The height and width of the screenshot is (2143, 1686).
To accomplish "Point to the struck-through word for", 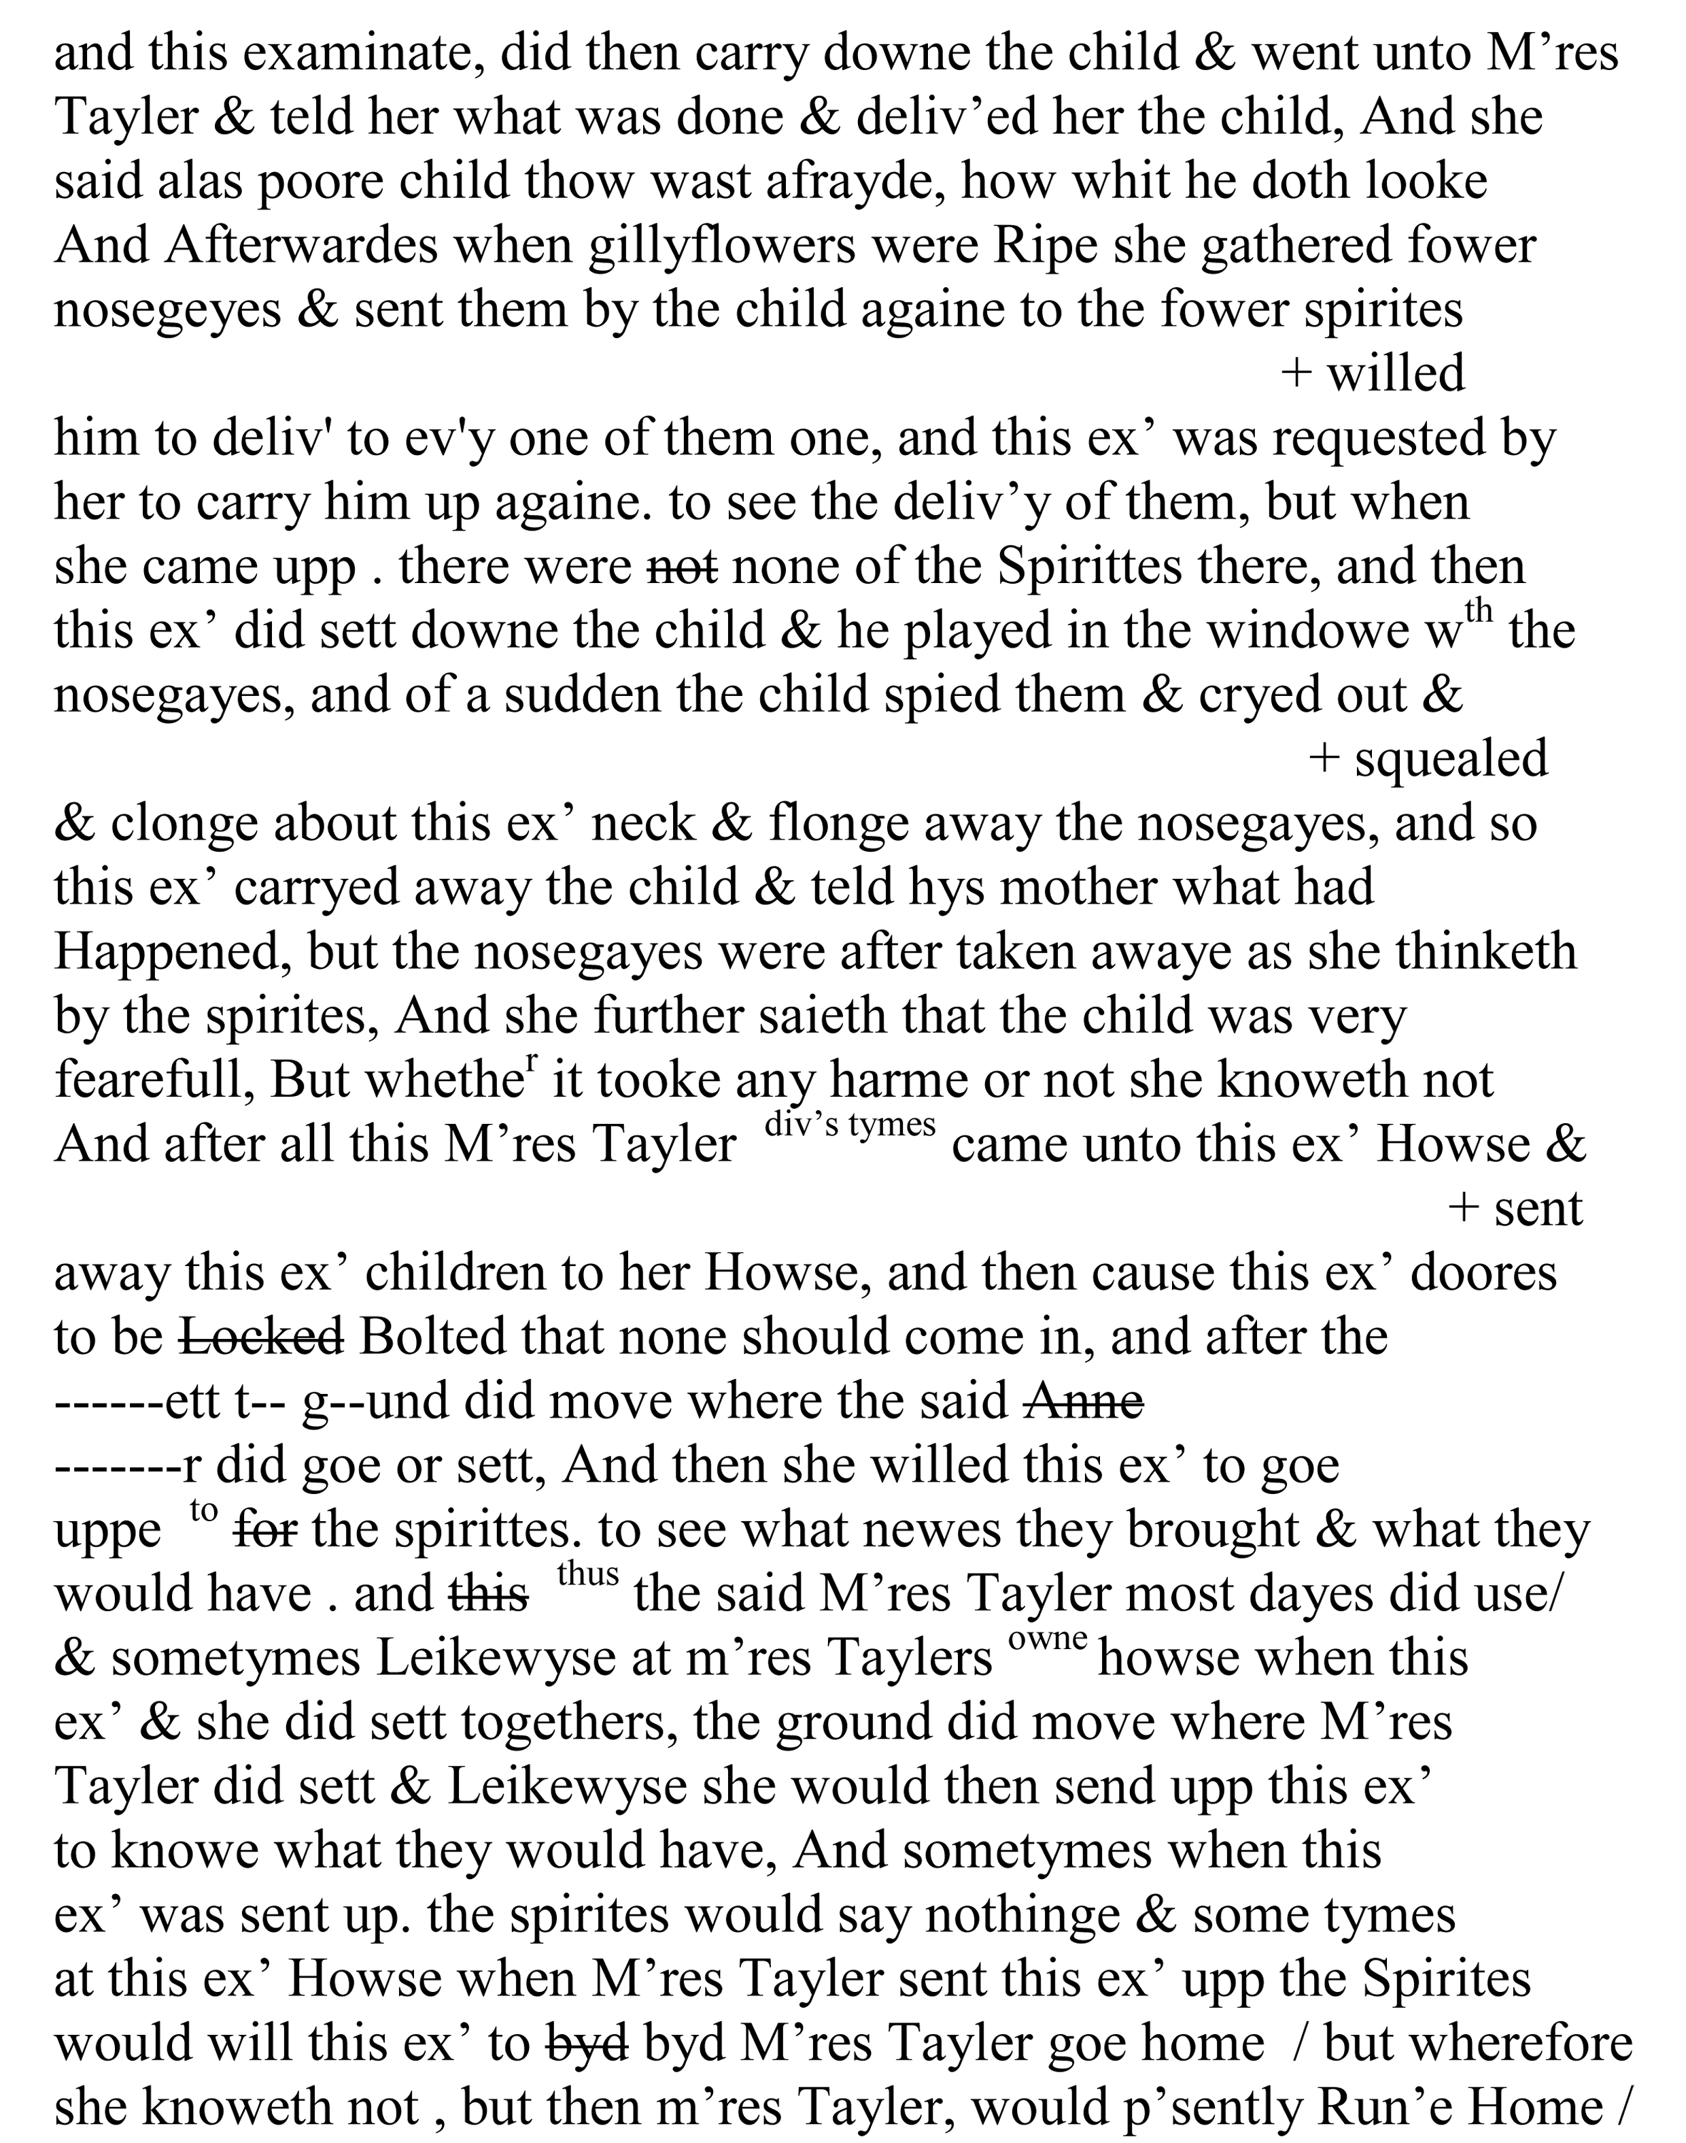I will pos(266,1530).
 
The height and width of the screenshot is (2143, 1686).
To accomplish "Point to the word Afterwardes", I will pos(301,246).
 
